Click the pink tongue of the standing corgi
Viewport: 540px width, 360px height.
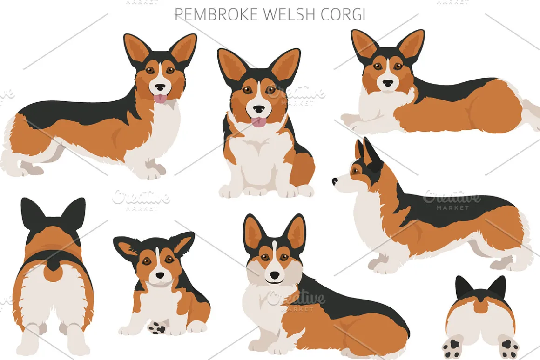click(160, 99)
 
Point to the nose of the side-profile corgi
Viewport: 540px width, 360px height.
click(335, 180)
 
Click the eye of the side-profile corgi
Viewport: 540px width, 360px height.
click(355, 170)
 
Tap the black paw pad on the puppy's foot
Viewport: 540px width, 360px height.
click(158, 327)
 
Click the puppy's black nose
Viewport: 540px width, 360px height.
click(160, 275)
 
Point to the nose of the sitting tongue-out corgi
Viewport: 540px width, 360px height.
click(259, 109)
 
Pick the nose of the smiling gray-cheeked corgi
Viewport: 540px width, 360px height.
click(275, 275)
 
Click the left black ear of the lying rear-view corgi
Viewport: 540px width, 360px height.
click(464, 288)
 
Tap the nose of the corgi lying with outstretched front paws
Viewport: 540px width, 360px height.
click(388, 83)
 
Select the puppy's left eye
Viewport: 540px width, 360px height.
click(147, 261)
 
